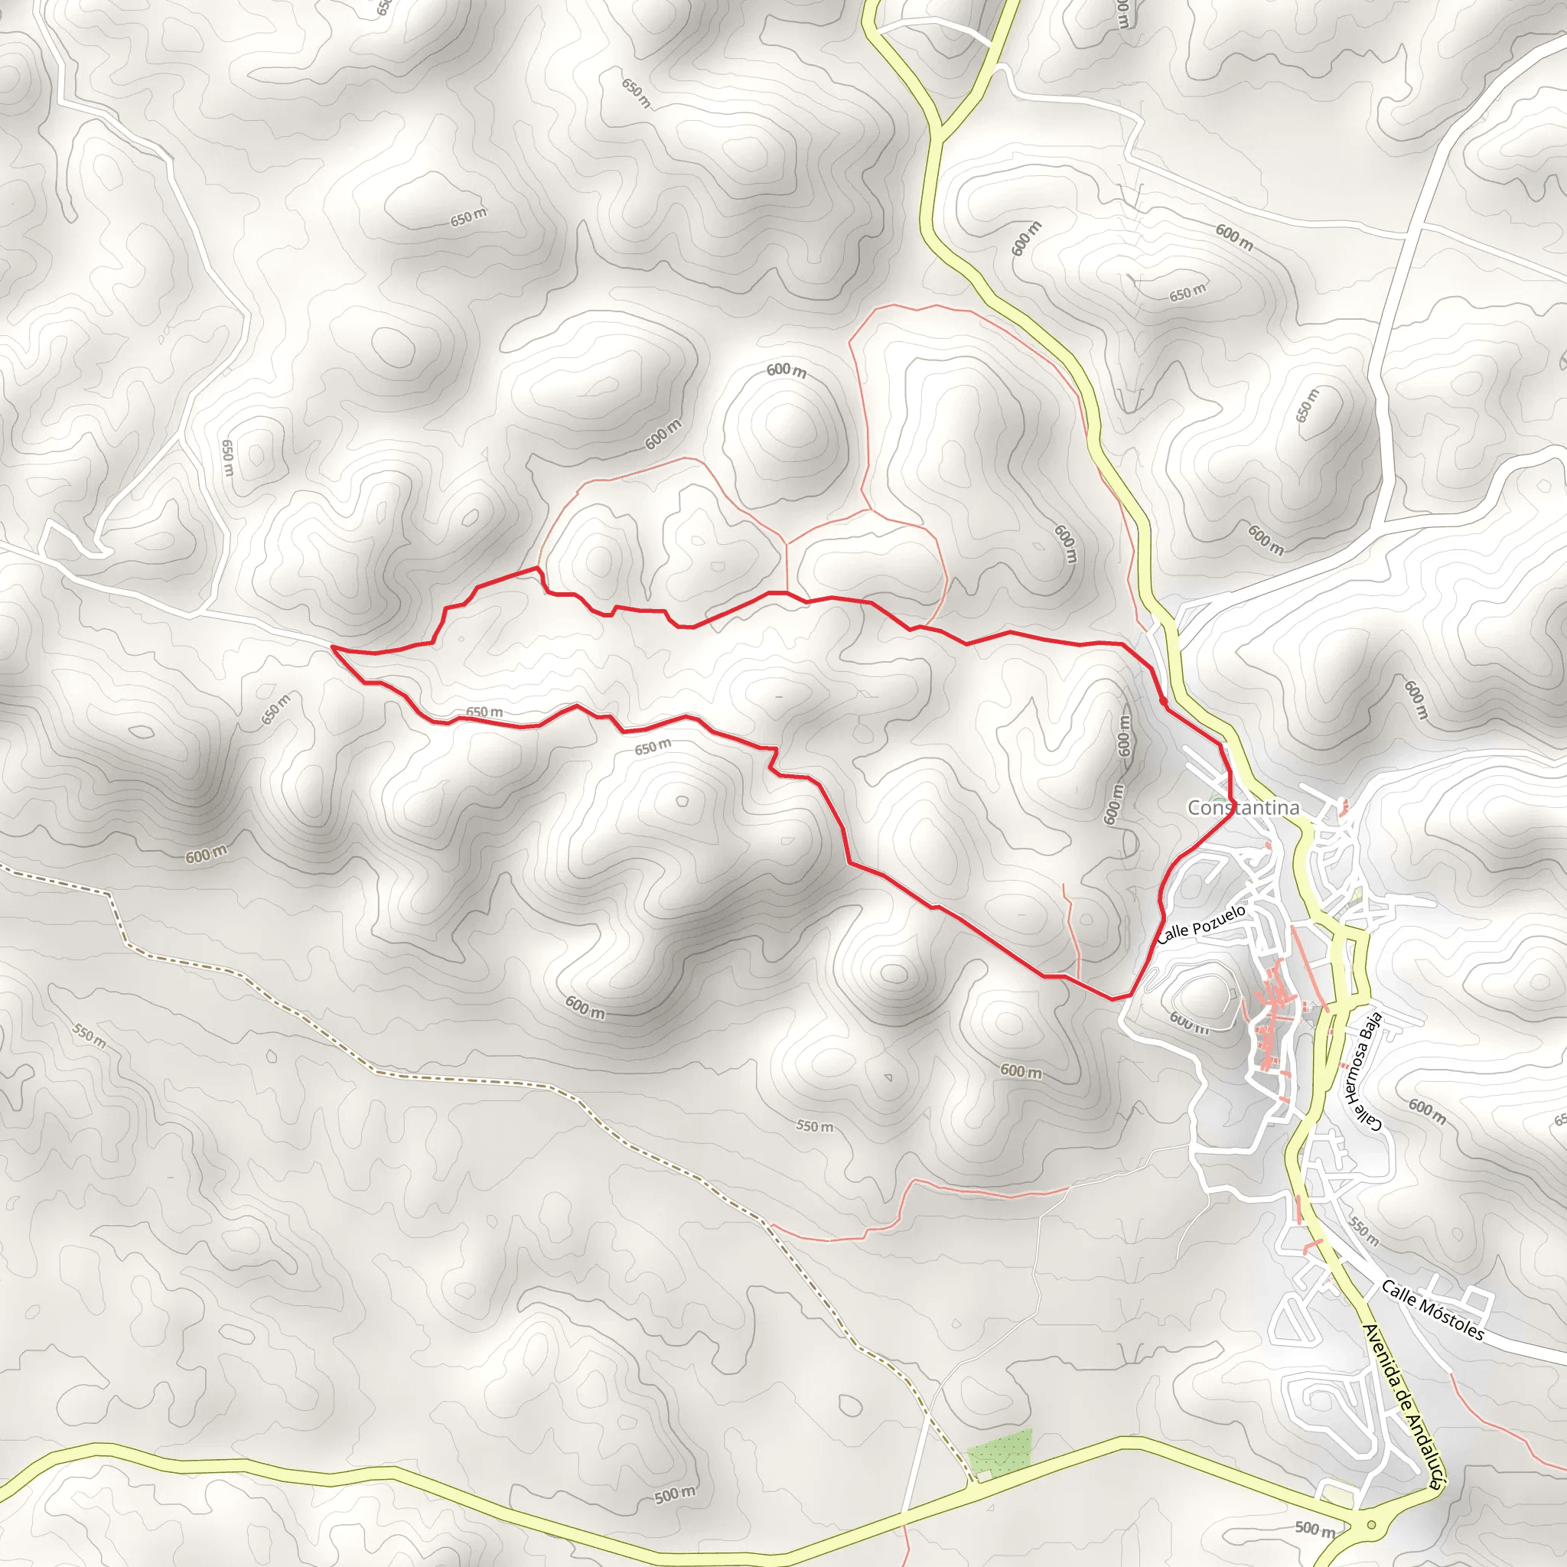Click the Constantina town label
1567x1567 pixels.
pos(1243,807)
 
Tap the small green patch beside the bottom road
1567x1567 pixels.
pos(1000,1454)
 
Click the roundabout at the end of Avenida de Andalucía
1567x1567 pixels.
pos(1372,1525)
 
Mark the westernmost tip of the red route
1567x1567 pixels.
pos(333,647)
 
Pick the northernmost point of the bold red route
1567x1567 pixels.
pos(536,568)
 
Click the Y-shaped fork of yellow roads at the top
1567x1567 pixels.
pos(941,130)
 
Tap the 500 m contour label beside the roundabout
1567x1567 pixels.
pos(1315,1529)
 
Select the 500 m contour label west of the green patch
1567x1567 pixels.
pos(675,1494)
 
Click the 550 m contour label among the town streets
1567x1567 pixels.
pos(1363,1231)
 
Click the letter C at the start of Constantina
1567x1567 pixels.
pos(1194,808)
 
